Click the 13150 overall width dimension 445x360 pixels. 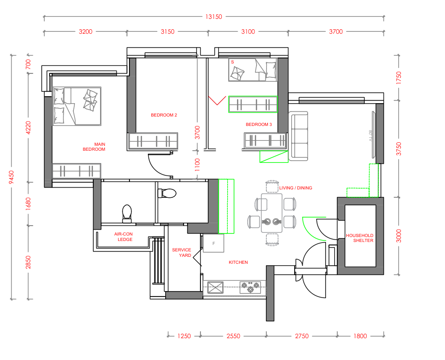pos(214,17)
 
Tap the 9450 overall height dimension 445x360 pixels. pos(11,177)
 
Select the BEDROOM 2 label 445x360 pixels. pos(164,115)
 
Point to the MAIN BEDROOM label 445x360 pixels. pos(94,147)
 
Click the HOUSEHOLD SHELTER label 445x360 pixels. pos(360,238)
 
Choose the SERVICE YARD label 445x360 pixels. pos(182,252)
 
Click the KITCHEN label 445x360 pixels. pos(238,262)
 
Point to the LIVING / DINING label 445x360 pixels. pos(296,188)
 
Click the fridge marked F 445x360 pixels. pos(214,243)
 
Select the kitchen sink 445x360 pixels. pos(215,288)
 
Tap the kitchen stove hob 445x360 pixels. pos(250,288)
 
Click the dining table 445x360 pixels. pos(271,213)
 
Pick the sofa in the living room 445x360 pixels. pos(298,136)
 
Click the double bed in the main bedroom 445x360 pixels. pos(77,106)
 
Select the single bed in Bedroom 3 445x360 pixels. pos(253,70)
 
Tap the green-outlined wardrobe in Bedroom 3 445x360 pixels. pos(253,105)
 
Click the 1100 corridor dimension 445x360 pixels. pos(197,165)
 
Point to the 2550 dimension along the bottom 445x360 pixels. pos(233,336)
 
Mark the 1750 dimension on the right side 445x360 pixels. pos(399,78)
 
